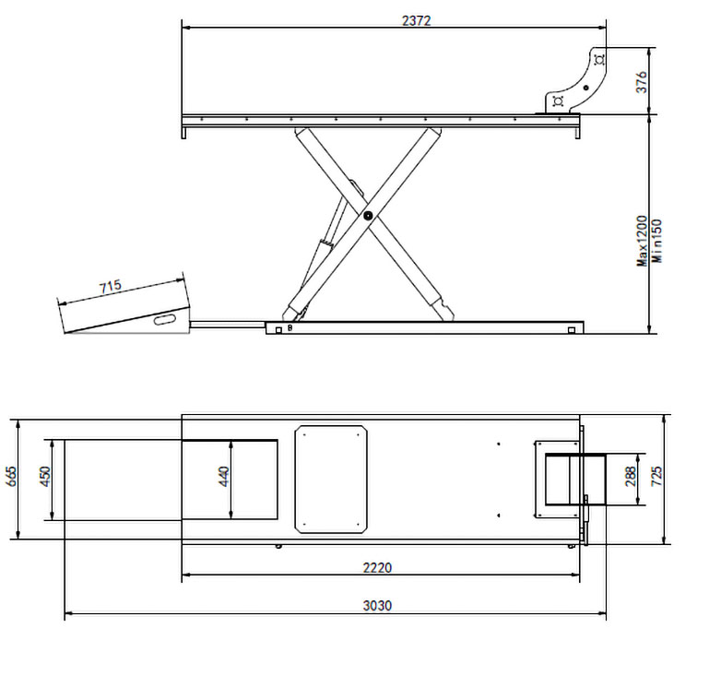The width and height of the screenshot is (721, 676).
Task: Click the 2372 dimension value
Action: click(x=416, y=20)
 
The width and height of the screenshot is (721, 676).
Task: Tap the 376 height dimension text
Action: click(x=642, y=82)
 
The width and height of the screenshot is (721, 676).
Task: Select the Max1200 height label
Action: click(x=642, y=241)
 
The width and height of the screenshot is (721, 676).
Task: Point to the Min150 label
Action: click(x=657, y=241)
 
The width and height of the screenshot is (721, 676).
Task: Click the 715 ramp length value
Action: click(x=111, y=287)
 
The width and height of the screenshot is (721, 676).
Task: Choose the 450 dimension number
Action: click(x=45, y=477)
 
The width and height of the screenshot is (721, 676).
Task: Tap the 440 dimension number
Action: click(x=224, y=477)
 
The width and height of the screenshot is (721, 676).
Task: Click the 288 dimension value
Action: click(x=631, y=477)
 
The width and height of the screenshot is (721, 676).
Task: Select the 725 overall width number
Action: click(x=657, y=477)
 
